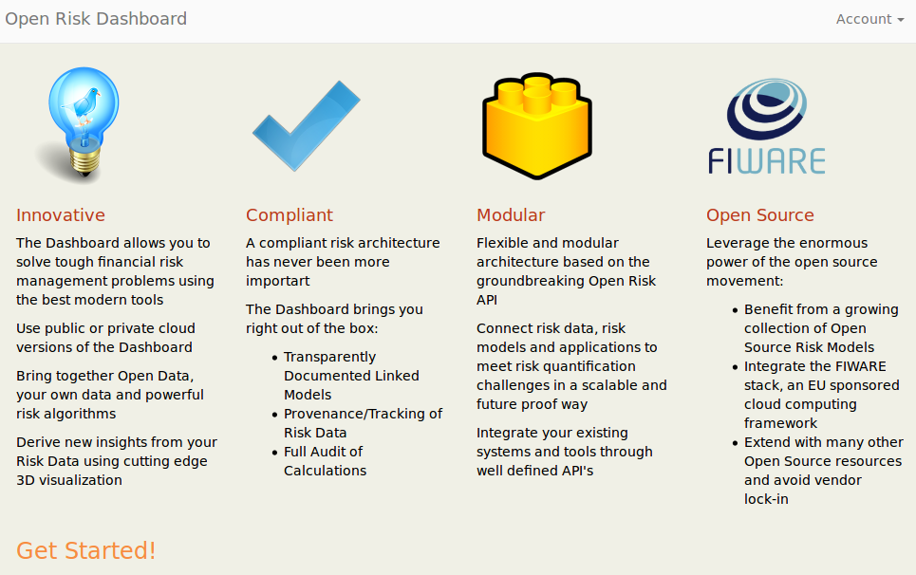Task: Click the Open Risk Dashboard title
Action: click(96, 19)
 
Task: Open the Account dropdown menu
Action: click(869, 19)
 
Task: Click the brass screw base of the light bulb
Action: click(85, 161)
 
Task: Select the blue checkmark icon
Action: click(306, 126)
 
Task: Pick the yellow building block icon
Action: click(537, 125)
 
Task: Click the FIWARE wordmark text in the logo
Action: click(766, 161)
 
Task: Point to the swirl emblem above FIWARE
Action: click(767, 108)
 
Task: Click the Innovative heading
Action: click(61, 214)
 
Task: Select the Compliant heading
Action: click(290, 215)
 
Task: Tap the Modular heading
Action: click(511, 214)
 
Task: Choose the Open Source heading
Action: click(760, 215)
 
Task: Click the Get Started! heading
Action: click(85, 550)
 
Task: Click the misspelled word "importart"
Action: click(277, 281)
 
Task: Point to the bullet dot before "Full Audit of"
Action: click(274, 453)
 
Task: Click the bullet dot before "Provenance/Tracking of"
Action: click(274, 415)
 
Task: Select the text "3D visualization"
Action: click(69, 480)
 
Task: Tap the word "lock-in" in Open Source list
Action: click(766, 499)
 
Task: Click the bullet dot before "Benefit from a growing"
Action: click(735, 310)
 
